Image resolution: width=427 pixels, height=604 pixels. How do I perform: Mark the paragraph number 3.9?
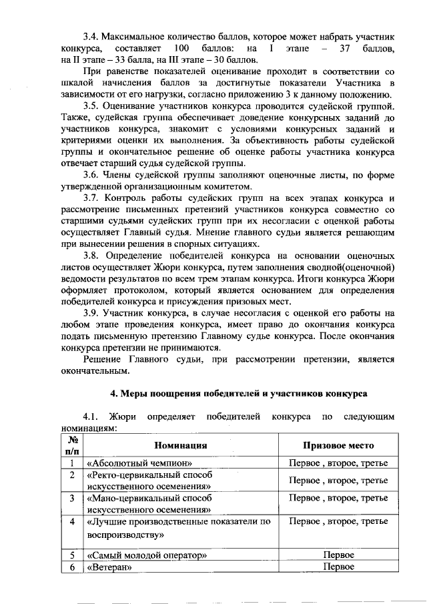91,312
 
